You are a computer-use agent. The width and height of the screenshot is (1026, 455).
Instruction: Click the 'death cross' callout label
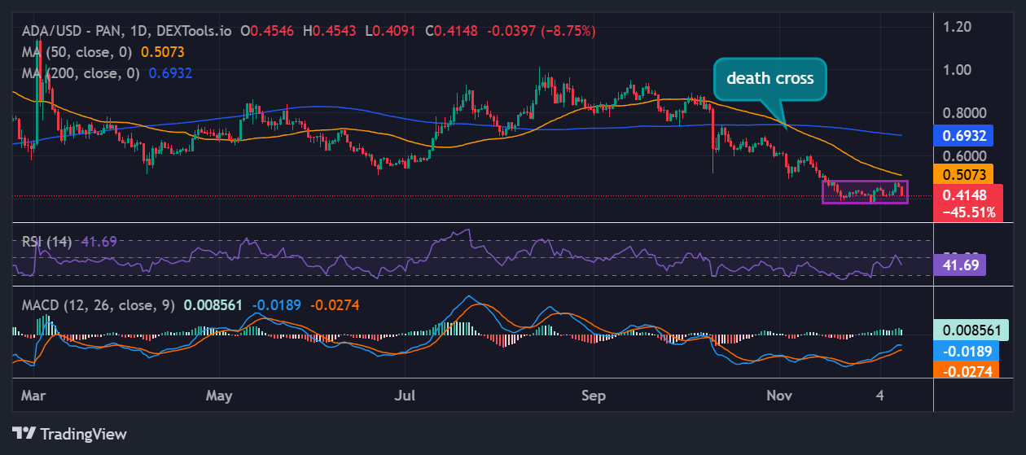click(x=769, y=79)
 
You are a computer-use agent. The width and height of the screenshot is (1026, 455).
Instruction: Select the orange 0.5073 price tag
click(x=964, y=173)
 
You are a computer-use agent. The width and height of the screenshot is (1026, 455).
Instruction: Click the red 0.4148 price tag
click(x=964, y=195)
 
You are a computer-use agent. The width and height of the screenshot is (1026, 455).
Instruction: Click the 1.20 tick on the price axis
click(x=958, y=27)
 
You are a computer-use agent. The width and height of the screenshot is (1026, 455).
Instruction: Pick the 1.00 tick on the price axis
click(x=958, y=70)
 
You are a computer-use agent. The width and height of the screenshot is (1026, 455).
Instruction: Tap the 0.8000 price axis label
click(x=964, y=113)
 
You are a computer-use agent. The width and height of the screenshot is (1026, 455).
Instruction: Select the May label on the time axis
click(x=219, y=396)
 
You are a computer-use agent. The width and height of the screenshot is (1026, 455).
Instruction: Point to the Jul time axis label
click(x=405, y=396)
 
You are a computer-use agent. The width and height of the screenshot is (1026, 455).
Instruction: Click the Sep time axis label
click(x=594, y=396)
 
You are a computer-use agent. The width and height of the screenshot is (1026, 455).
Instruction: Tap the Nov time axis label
click(x=780, y=396)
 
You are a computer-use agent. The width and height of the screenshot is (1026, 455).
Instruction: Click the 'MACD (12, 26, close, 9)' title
click(x=98, y=305)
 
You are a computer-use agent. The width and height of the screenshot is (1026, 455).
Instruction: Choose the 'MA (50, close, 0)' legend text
click(x=75, y=51)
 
